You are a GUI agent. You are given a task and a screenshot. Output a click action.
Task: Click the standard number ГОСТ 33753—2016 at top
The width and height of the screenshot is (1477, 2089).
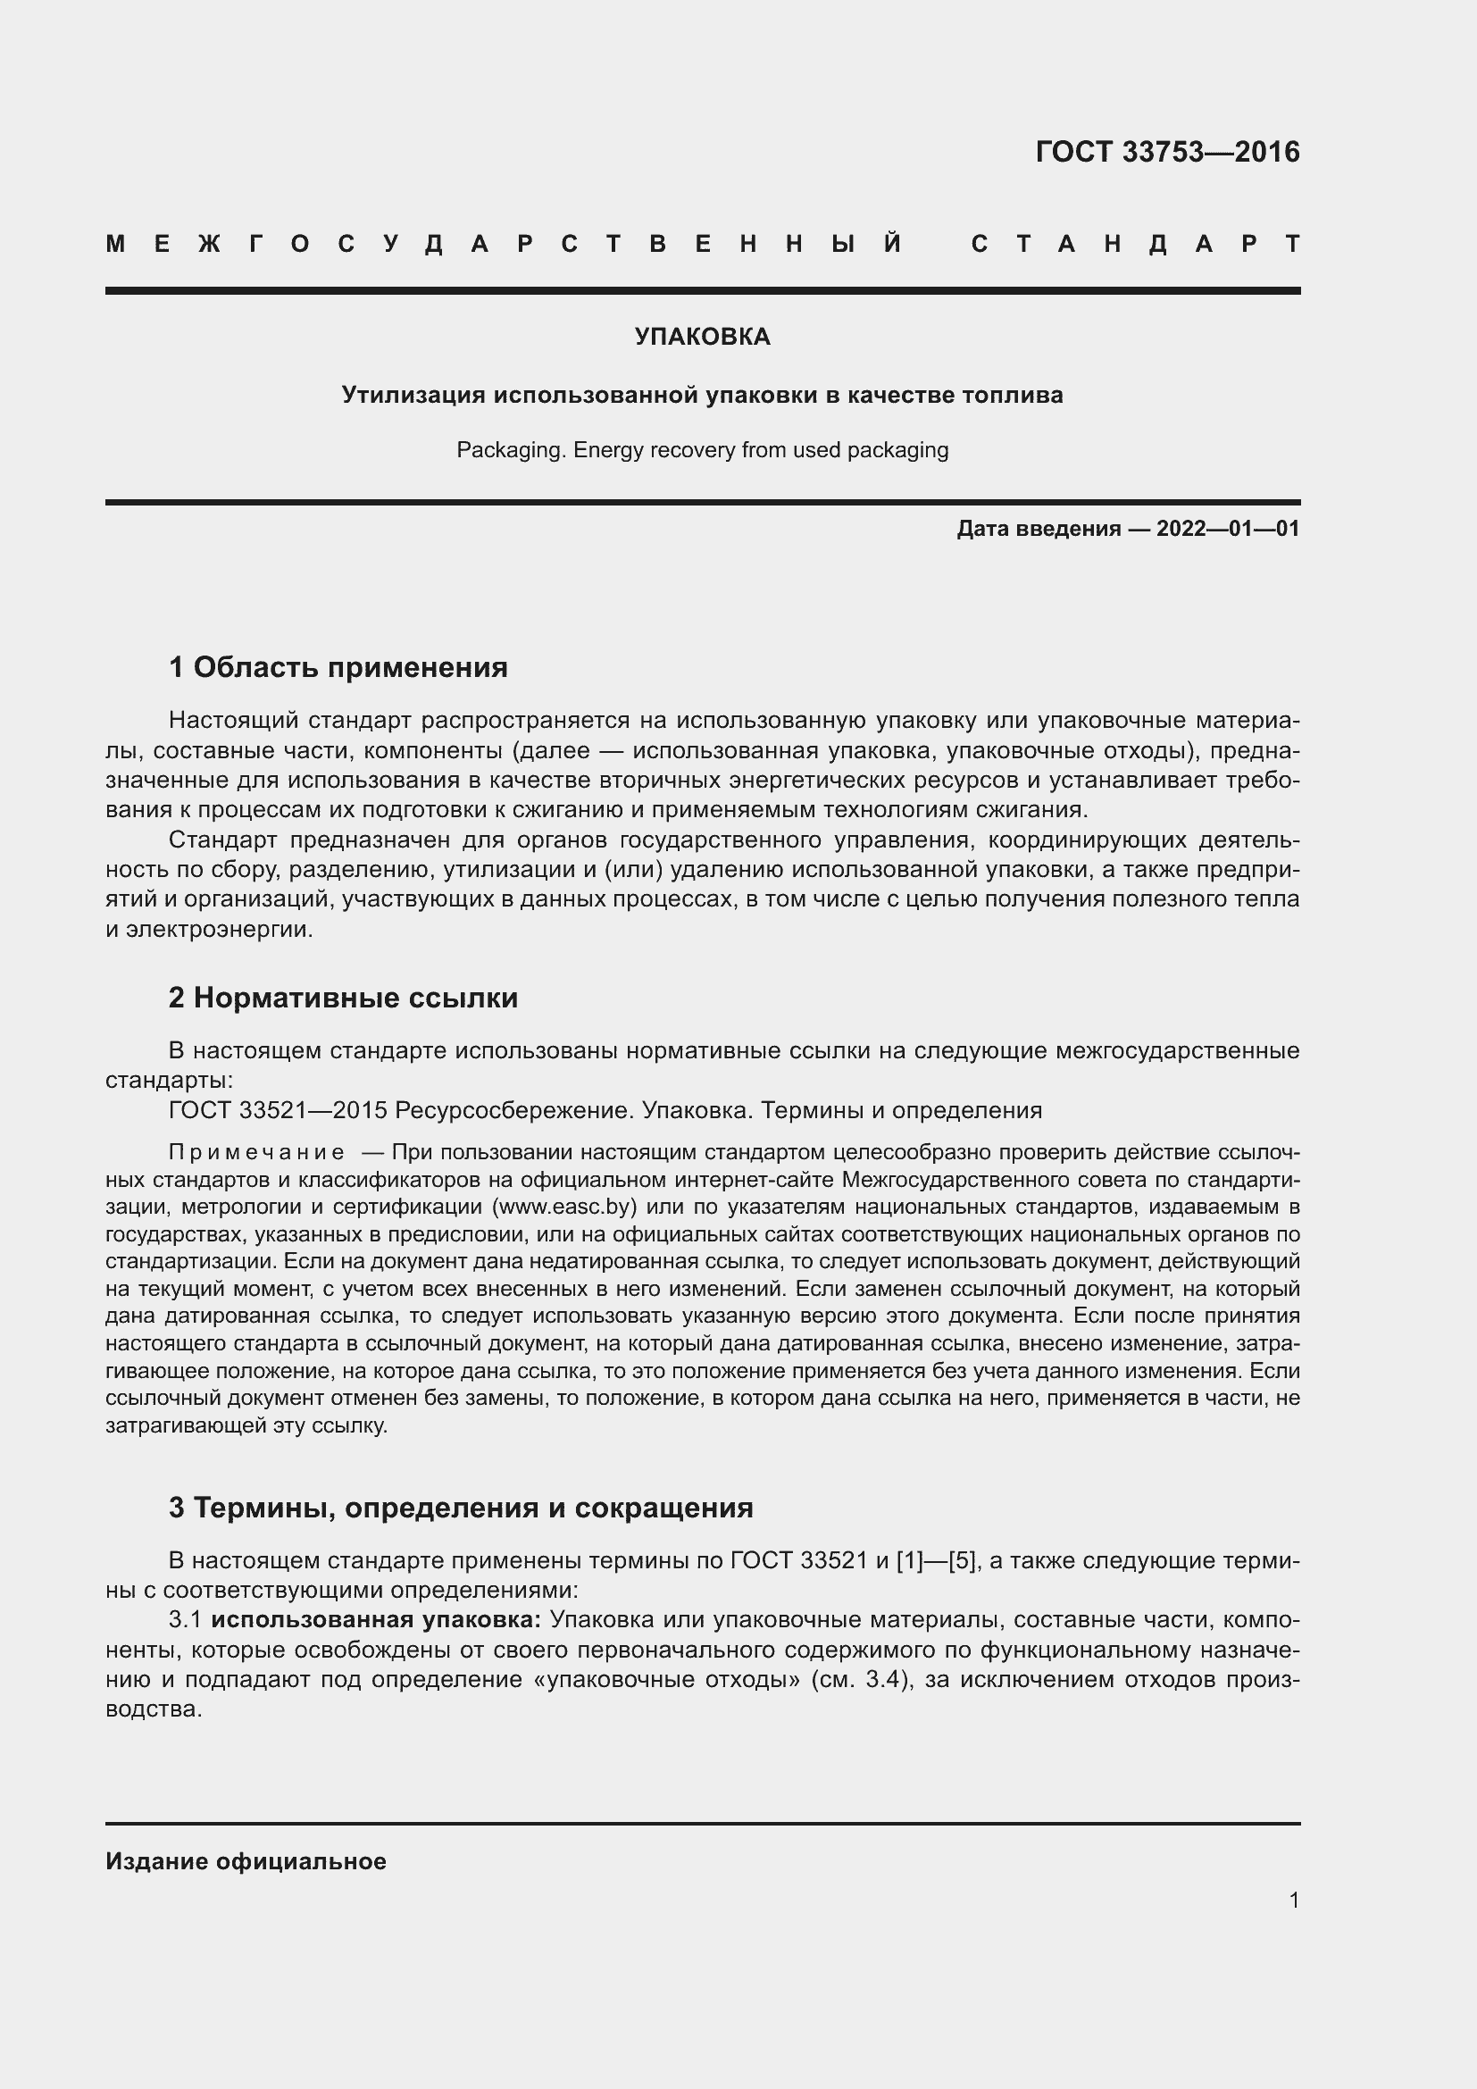pos(1167,152)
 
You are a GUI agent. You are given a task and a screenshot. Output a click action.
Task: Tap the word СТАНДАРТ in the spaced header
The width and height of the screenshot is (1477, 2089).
pos(1135,245)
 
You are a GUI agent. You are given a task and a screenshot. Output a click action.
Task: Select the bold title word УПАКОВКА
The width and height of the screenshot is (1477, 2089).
pos(702,338)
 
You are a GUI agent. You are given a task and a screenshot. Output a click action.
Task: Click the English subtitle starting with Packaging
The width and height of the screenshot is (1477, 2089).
pos(702,450)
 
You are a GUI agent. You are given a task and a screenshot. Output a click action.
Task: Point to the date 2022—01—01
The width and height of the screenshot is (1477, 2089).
pos(1228,529)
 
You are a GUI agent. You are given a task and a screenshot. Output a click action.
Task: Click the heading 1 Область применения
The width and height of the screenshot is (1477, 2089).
pos(338,668)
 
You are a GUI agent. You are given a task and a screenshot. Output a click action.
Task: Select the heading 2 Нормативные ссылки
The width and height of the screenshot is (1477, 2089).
pos(343,999)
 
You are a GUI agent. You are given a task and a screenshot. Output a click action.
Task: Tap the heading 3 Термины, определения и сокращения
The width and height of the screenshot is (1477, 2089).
pos(461,1508)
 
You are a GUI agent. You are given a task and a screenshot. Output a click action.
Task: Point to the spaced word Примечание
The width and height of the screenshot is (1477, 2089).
pos(256,1153)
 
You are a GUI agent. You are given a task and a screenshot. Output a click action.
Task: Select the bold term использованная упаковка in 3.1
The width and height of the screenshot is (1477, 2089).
pos(377,1620)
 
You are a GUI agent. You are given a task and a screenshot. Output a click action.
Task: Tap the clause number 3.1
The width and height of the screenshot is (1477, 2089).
pos(186,1620)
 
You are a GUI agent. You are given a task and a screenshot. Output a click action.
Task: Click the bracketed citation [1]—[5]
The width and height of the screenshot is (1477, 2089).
pos(937,1561)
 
